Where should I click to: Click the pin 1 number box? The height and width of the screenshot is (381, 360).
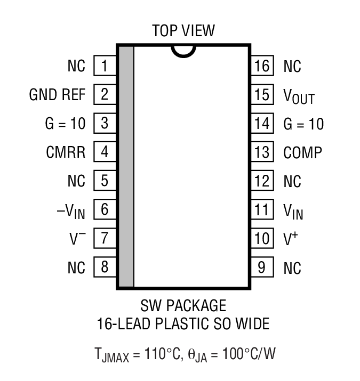coord(105,66)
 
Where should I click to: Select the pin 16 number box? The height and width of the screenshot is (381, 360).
coord(262,66)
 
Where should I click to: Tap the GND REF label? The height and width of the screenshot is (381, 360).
coord(57,95)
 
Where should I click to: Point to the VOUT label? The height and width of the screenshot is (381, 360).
coord(299,96)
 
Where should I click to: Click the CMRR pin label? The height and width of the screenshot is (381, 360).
coord(66,152)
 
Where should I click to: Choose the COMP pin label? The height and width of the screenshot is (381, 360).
coord(303,153)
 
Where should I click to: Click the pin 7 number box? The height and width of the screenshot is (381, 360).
coord(105,238)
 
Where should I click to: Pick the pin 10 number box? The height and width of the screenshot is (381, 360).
coord(262,238)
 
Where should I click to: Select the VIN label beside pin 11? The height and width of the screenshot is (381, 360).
coord(293,211)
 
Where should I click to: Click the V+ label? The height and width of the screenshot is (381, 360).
coord(290,238)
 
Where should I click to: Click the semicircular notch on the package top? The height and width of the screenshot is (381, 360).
coord(183,51)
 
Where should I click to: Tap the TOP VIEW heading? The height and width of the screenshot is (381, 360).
coord(183,30)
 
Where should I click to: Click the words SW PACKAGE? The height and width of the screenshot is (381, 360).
coord(183,306)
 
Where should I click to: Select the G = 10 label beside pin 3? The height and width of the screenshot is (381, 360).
coord(65,124)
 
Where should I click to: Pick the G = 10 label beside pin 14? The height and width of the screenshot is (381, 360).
coord(303,124)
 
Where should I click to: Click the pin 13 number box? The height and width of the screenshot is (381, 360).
coord(262,152)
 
